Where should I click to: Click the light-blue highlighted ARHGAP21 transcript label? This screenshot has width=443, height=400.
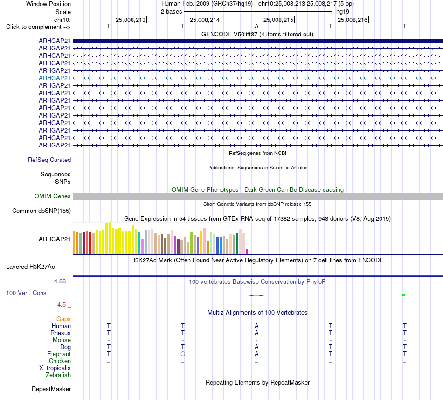click(x=55, y=78)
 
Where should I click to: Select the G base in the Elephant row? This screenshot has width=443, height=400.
click(x=183, y=354)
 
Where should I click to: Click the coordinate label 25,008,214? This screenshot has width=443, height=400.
click(x=205, y=20)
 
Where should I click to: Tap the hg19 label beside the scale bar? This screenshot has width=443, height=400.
click(x=343, y=12)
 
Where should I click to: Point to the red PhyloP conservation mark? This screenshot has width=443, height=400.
click(x=256, y=296)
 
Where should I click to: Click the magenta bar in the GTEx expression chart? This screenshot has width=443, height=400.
click(x=247, y=252)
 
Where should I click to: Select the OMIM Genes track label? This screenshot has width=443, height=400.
click(x=53, y=196)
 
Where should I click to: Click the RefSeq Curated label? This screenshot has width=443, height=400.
click(x=49, y=160)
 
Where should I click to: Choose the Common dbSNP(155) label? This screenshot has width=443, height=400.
click(x=42, y=211)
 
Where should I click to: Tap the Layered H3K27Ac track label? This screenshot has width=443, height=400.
click(x=30, y=267)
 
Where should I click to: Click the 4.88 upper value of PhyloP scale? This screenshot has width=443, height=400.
click(x=60, y=281)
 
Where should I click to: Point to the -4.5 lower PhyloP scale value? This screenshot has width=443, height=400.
click(x=61, y=305)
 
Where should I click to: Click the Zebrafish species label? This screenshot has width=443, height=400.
click(x=58, y=375)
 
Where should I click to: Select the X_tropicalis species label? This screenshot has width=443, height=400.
click(x=55, y=368)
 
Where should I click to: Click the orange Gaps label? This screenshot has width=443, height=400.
click(x=63, y=319)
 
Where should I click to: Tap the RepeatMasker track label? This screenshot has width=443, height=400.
click(x=51, y=389)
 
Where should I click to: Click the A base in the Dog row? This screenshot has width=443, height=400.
click(x=256, y=347)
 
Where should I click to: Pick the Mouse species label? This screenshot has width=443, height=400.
click(x=62, y=340)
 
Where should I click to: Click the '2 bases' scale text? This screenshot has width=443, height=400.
click(x=172, y=12)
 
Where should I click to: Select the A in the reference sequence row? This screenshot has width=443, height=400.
click(x=256, y=26)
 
